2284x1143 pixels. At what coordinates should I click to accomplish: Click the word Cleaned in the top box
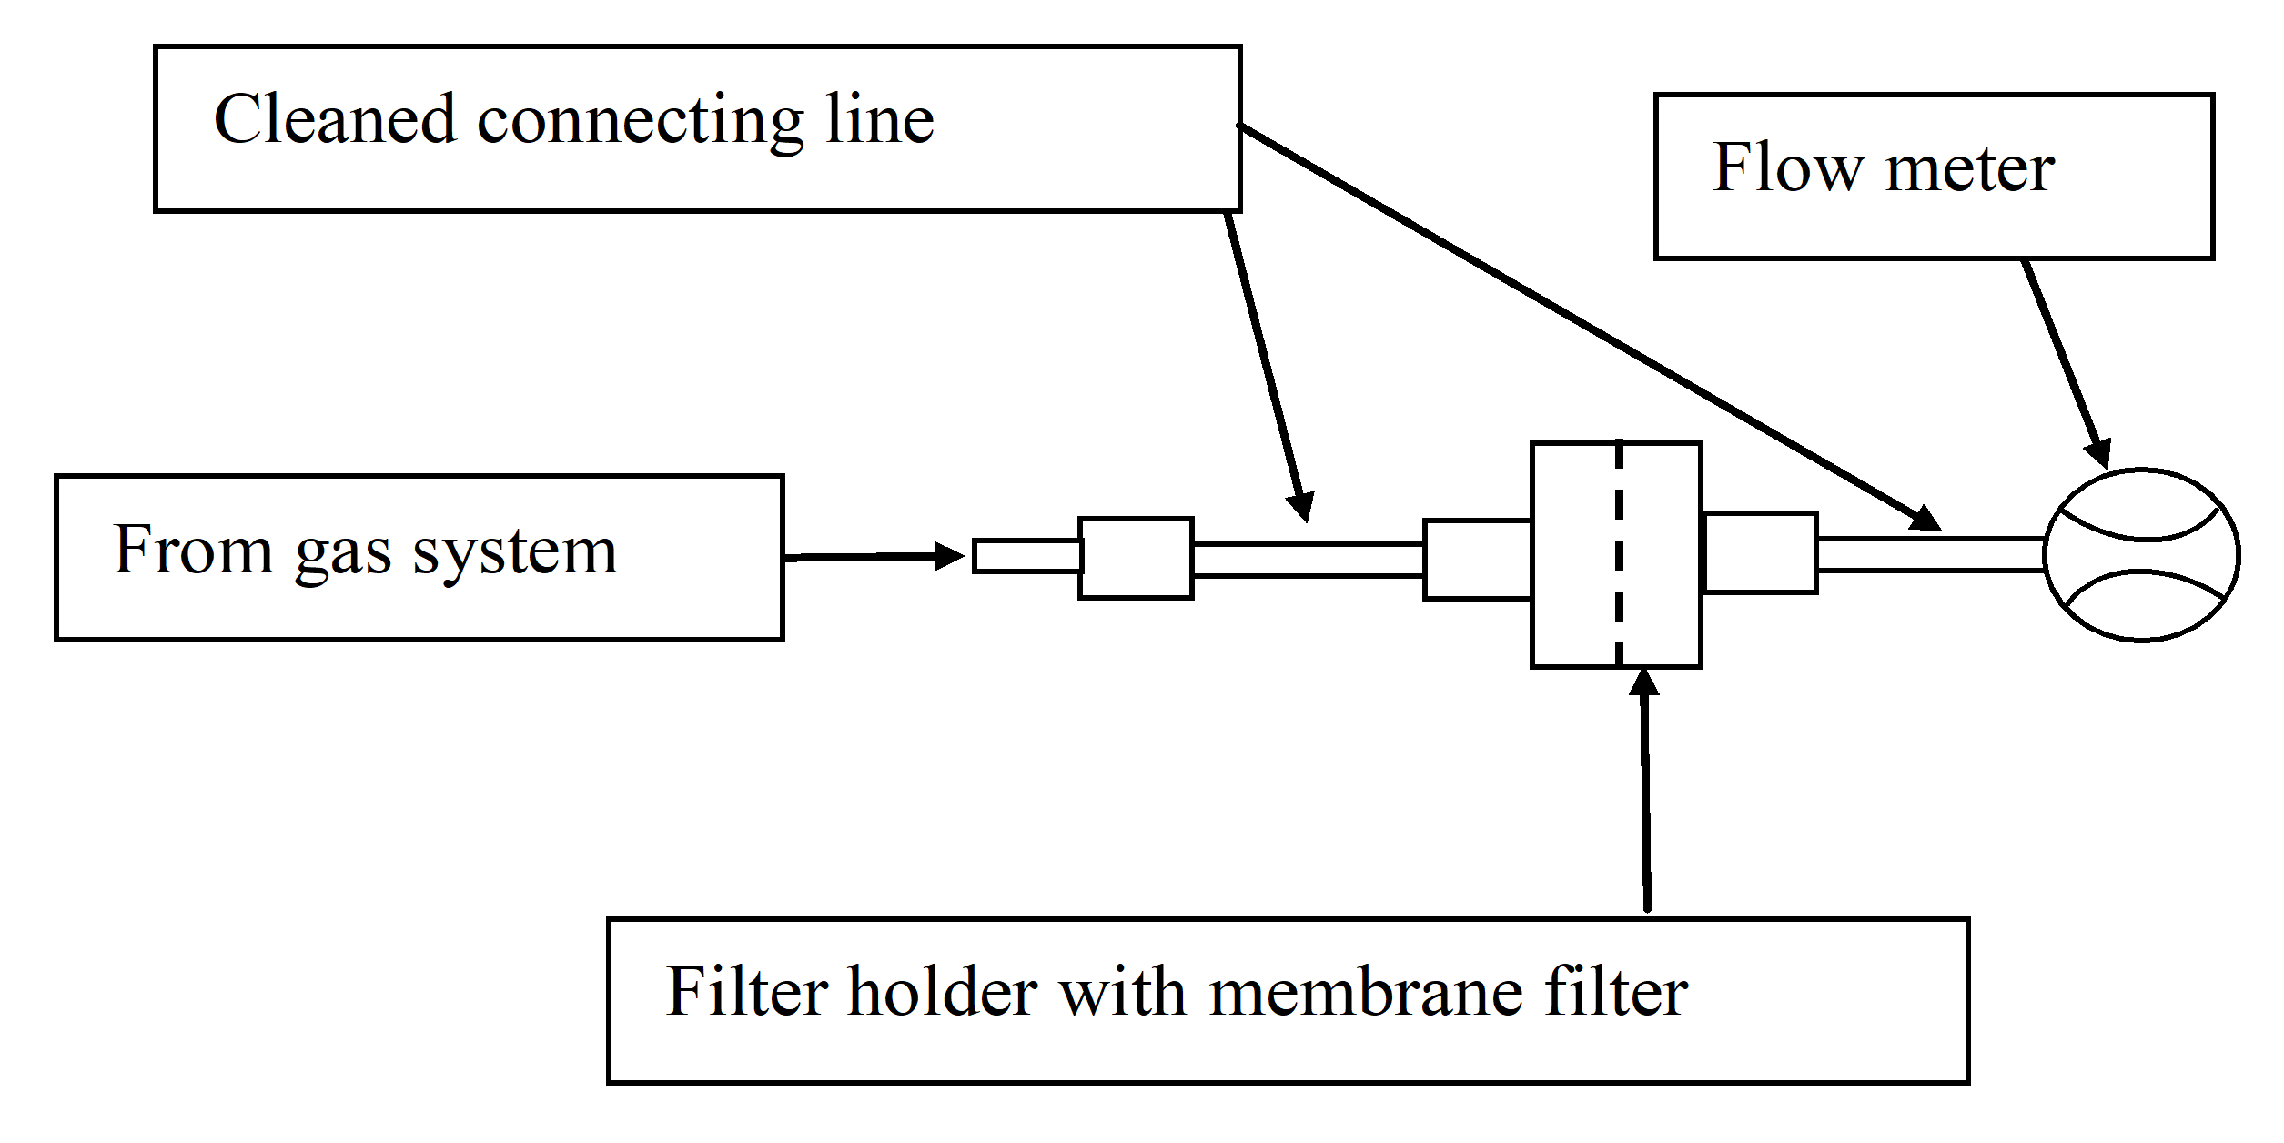pos(334,119)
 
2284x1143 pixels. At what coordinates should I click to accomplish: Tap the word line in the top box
pos(879,119)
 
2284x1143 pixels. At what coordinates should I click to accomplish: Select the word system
pos(515,551)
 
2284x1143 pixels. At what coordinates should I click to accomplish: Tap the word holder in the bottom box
pos(943,991)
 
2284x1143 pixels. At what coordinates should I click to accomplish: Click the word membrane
pos(1366,991)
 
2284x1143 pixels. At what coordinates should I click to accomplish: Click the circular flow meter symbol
pos(2142,555)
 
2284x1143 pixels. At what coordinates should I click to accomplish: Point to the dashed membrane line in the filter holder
pos(1619,555)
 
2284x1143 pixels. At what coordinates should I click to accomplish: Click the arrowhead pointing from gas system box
pos(950,556)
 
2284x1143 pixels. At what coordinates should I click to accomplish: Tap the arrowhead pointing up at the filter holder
pos(1643,683)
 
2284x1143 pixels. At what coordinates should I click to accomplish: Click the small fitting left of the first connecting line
pos(1136,558)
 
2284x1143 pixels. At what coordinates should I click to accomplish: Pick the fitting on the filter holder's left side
pos(1478,560)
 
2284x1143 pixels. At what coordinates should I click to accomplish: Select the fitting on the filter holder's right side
pos(1760,553)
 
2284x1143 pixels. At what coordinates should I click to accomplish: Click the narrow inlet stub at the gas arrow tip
pos(1026,556)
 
